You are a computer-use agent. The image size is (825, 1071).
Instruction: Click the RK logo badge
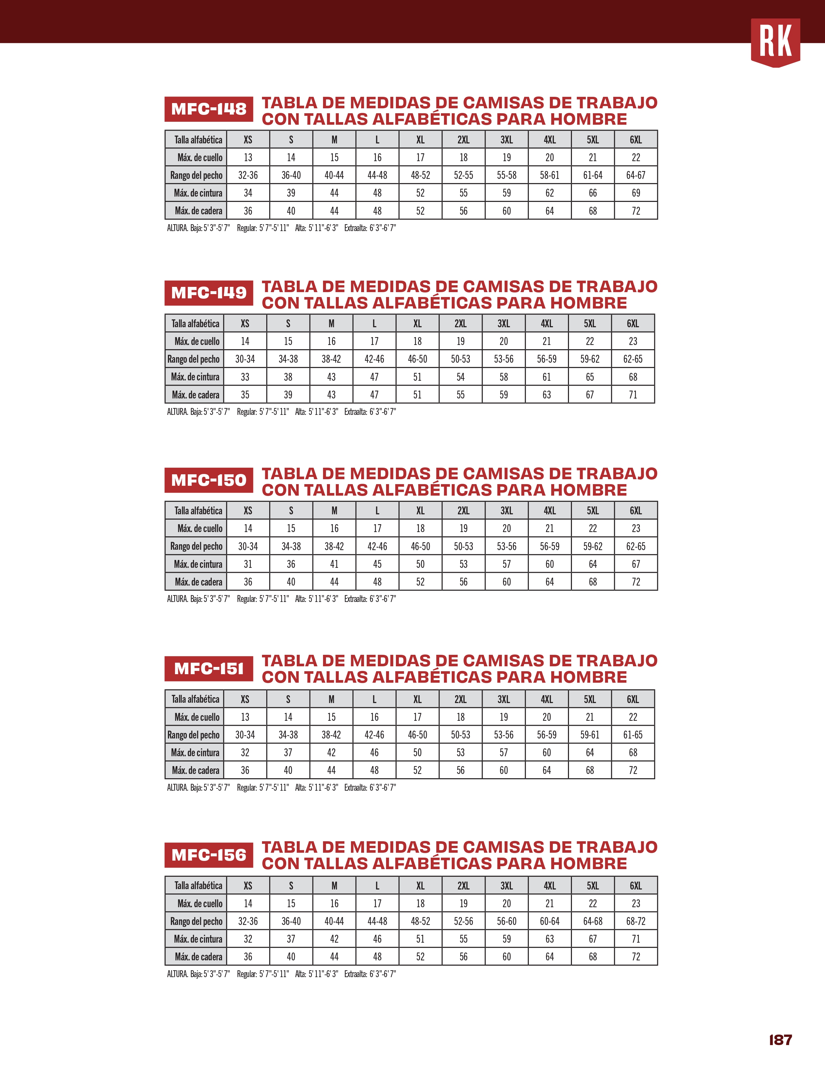coord(775,42)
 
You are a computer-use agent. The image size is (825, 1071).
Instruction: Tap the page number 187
coord(780,1039)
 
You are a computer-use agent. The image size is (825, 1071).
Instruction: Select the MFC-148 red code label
coord(208,109)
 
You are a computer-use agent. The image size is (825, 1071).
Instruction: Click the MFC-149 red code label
coord(208,293)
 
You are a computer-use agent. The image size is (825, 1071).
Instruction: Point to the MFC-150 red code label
coord(208,480)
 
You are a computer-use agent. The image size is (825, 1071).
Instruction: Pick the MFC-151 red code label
coord(208,668)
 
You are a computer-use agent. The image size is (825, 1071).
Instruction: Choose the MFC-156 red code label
coord(208,855)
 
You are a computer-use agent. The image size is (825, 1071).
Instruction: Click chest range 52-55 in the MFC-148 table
coord(463,175)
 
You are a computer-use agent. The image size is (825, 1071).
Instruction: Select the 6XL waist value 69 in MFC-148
coord(636,193)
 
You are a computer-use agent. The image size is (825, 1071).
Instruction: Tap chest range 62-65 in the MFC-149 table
coord(633,359)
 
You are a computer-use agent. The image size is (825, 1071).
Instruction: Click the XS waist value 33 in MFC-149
coord(245,376)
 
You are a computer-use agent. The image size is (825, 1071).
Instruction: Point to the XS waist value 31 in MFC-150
coord(248,564)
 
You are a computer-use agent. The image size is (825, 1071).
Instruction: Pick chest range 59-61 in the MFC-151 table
coord(590,735)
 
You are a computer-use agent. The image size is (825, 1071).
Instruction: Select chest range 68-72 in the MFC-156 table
coord(636,921)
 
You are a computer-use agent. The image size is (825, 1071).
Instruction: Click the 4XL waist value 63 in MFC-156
coord(549,939)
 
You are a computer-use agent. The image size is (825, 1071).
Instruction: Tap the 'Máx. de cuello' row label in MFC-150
coord(200,528)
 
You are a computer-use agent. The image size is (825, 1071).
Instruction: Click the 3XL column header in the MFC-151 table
coord(504,699)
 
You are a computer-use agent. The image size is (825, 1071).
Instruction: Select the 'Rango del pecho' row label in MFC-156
coord(196,921)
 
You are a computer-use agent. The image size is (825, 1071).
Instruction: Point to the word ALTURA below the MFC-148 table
coord(177,228)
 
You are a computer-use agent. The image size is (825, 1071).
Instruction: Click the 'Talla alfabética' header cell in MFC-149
coord(195,324)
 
